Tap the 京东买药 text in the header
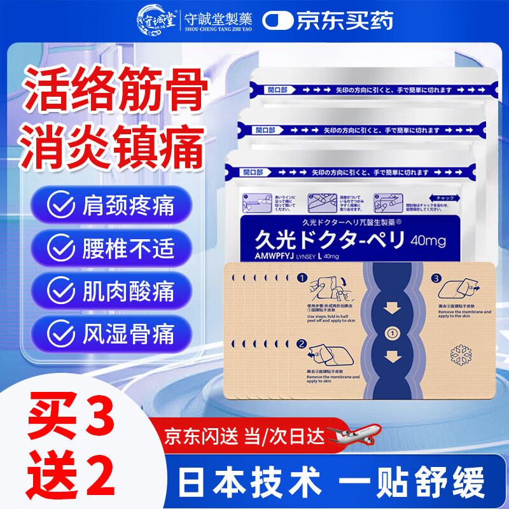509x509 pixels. tap(344, 20)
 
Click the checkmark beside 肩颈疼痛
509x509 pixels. tap(62, 206)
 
